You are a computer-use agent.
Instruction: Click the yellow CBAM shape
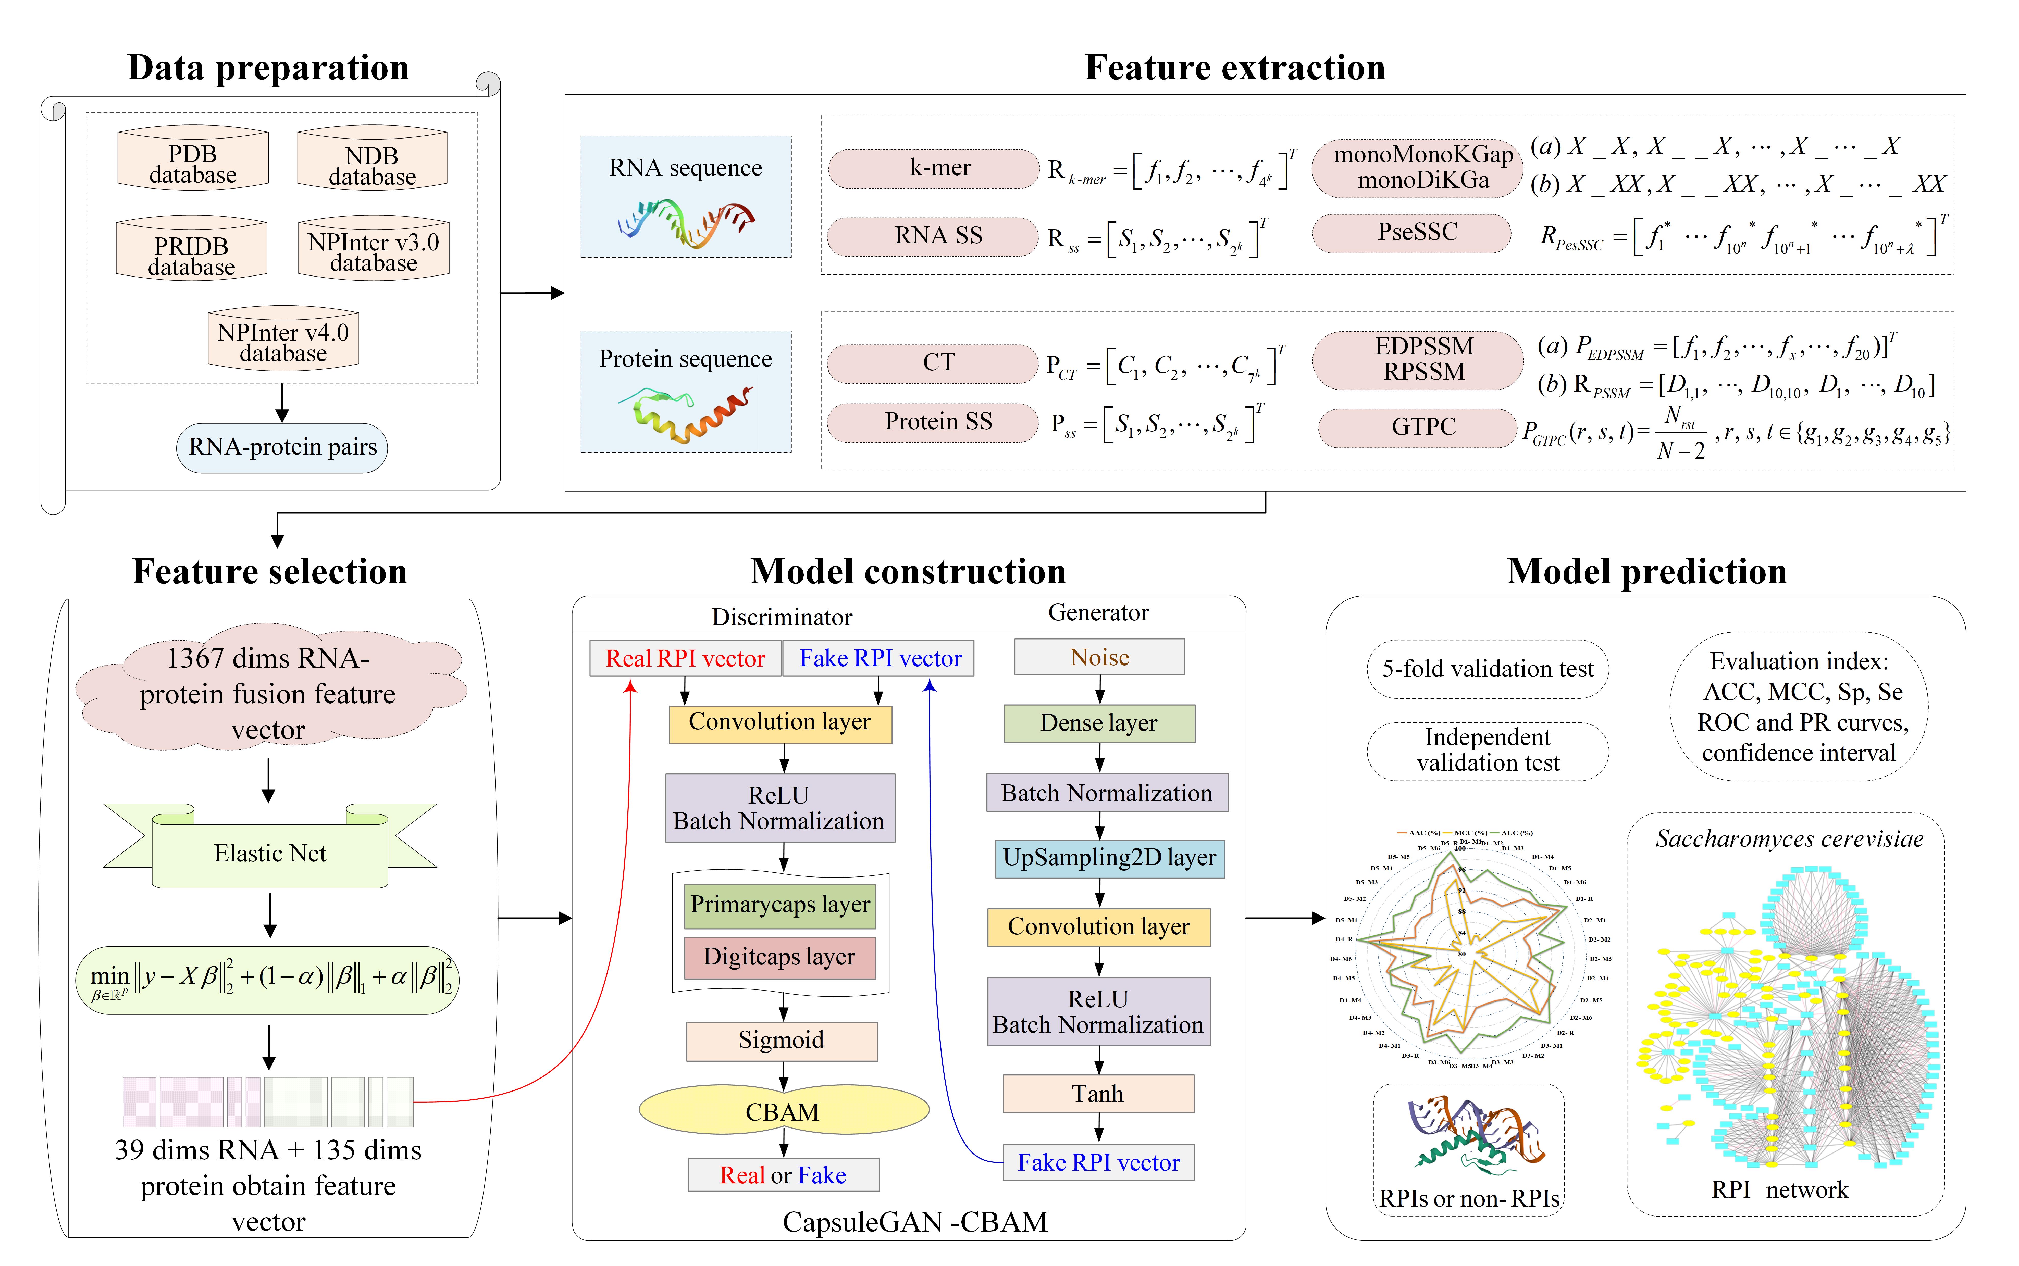tap(783, 1111)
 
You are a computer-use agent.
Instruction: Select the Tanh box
tap(1098, 1094)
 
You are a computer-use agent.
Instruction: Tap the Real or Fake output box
tap(783, 1175)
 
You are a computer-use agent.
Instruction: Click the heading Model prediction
tap(1646, 572)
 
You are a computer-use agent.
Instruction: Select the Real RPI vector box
tap(685, 658)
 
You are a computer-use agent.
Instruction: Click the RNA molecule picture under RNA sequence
tap(685, 223)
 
